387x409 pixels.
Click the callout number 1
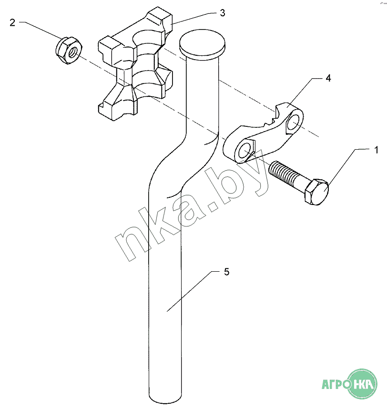click(x=376, y=150)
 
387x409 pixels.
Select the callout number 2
click(x=12, y=23)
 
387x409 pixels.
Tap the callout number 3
click(x=223, y=13)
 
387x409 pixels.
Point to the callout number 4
click(x=328, y=78)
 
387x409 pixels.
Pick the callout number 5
click(x=226, y=272)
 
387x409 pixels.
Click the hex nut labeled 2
click(x=69, y=50)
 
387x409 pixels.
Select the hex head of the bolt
click(x=317, y=192)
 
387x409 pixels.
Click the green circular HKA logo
click(x=362, y=384)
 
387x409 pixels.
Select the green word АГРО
click(x=335, y=385)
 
